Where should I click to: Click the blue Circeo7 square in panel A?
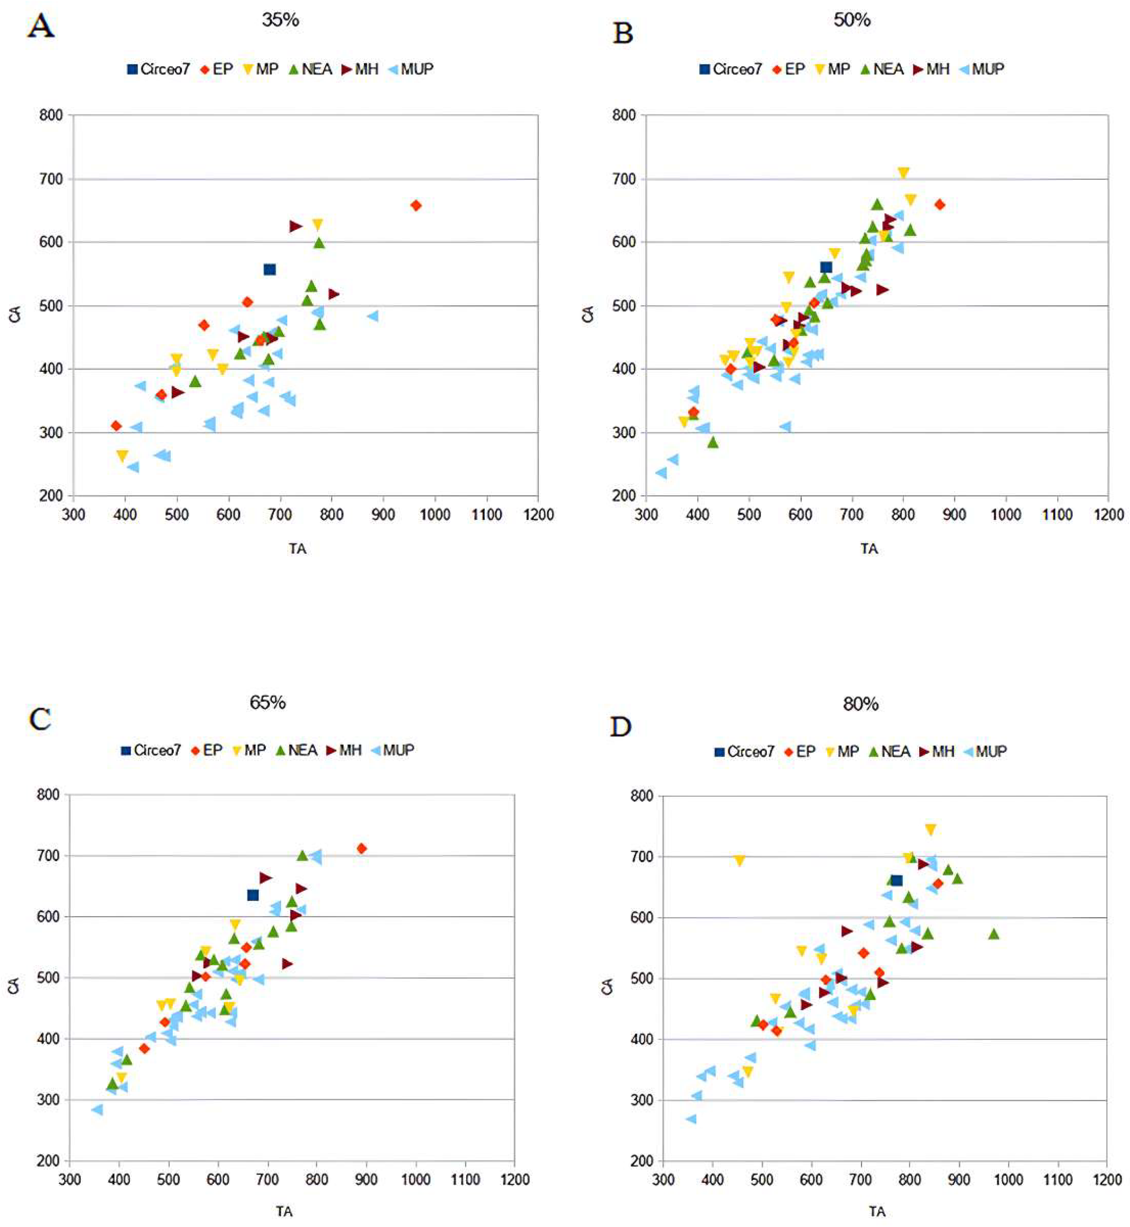270,269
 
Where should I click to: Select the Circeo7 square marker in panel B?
826,267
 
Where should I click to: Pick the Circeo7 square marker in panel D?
896,880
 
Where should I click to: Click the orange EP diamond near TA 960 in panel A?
416,205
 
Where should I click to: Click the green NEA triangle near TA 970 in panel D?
994,934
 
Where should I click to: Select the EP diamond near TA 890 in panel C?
361,848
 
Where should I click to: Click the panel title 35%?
280,20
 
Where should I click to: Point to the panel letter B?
623,33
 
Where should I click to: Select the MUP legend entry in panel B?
982,69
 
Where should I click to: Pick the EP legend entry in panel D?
800,752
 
